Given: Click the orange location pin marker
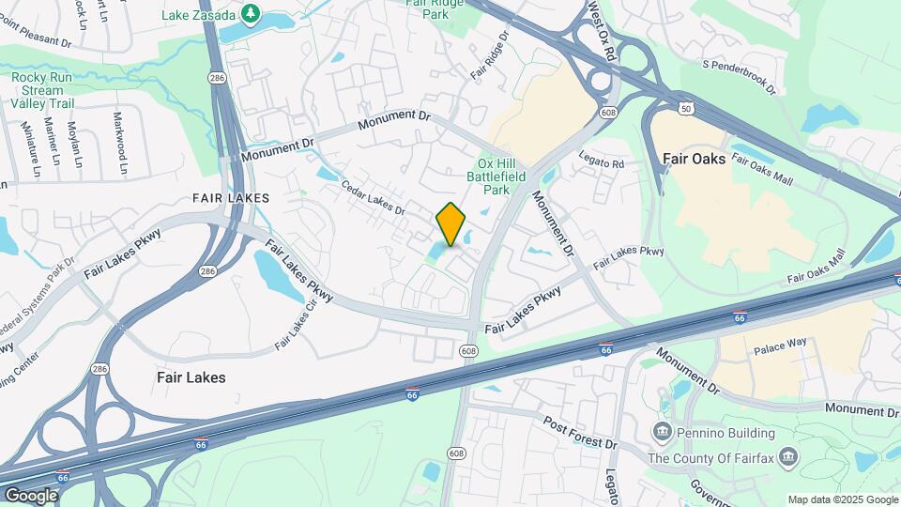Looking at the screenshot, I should (451, 223).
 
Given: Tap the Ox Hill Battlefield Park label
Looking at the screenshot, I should (494, 175).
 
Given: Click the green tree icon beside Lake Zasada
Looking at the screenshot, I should (251, 12).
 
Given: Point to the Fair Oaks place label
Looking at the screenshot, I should (694, 159).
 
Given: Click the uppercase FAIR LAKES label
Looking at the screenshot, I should (231, 198).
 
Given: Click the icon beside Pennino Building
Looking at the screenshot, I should (663, 433).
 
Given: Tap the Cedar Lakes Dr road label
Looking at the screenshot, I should (373, 197).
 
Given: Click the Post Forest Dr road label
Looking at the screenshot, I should (580, 430).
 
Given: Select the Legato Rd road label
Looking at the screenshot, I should (602, 161).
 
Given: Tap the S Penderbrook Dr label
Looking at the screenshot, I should (740, 77).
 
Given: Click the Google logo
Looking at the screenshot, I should (31, 495).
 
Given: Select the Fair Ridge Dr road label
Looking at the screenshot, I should (490, 55).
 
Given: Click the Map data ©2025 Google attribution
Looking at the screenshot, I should (843, 499).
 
